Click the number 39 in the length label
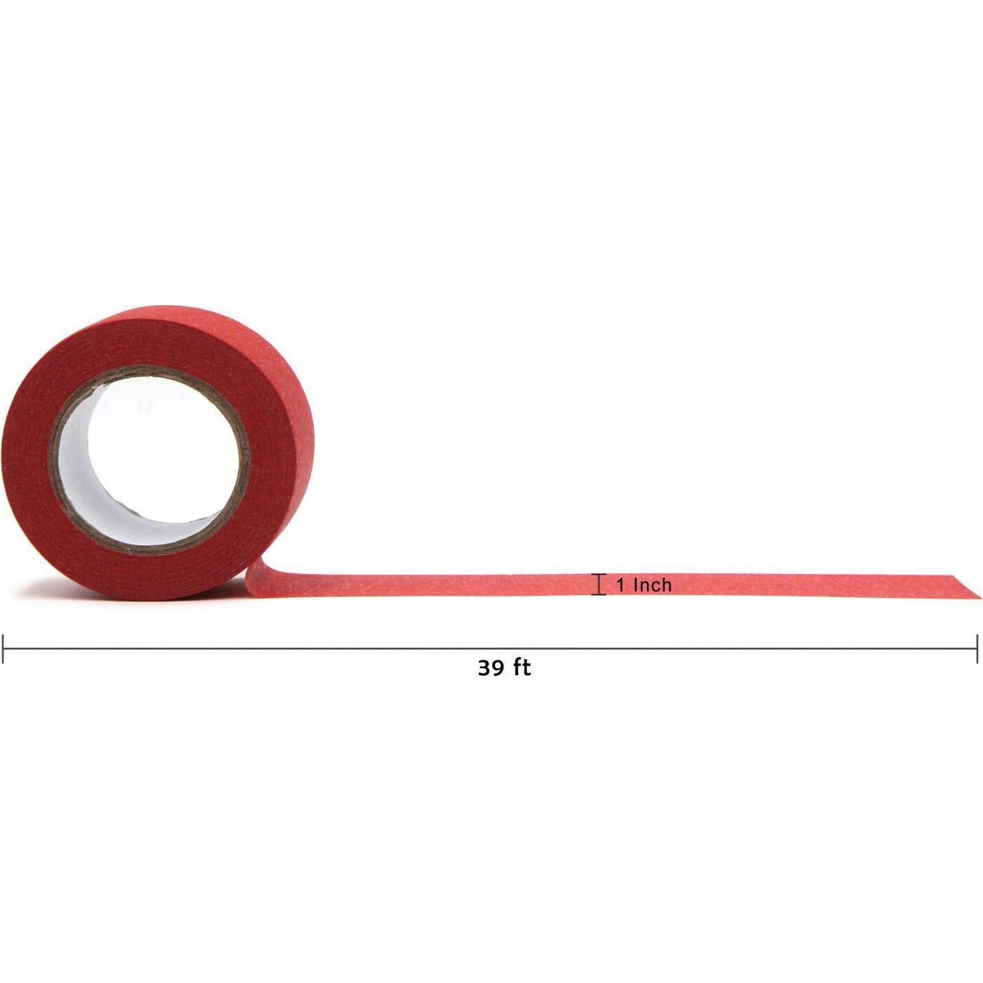[490, 682]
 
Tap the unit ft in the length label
[521, 682]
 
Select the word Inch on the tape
[652, 585]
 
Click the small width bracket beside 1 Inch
[600, 584]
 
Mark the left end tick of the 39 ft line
[4, 649]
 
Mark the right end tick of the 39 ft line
[977, 649]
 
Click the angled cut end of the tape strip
[967, 586]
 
